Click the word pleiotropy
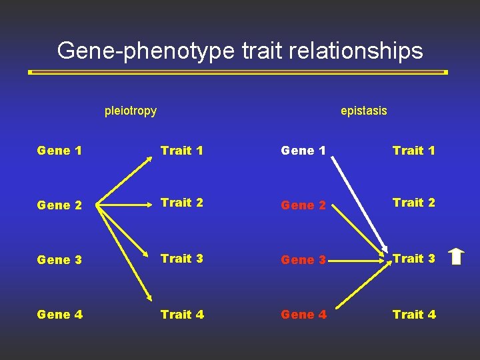coord(131,111)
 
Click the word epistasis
coord(363,111)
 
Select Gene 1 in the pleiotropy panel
coord(60,151)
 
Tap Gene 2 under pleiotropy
coord(60,205)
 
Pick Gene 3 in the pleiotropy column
coord(60,260)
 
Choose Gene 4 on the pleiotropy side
coord(60,314)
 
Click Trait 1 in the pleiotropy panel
coord(182,151)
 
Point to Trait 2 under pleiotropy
coord(182,203)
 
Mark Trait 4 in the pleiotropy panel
coord(182,314)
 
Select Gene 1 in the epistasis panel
coord(303,151)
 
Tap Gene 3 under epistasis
coord(303,260)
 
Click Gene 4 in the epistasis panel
coord(303,314)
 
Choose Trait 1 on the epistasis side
coord(414,151)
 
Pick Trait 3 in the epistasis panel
coord(414,259)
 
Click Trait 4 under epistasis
coord(414,314)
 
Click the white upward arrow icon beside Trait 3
coord(456,257)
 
